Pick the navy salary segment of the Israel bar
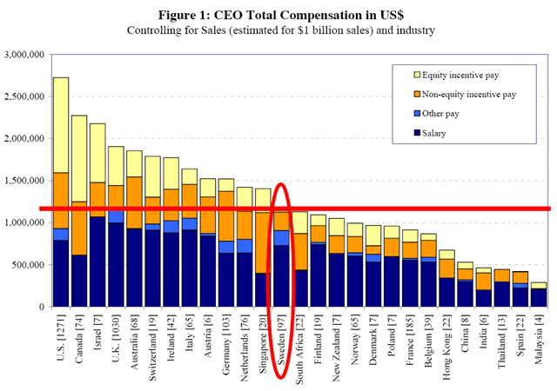point(97,261)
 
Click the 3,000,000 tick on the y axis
point(23,54)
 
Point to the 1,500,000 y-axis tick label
point(23,181)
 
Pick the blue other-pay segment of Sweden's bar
point(282,237)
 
